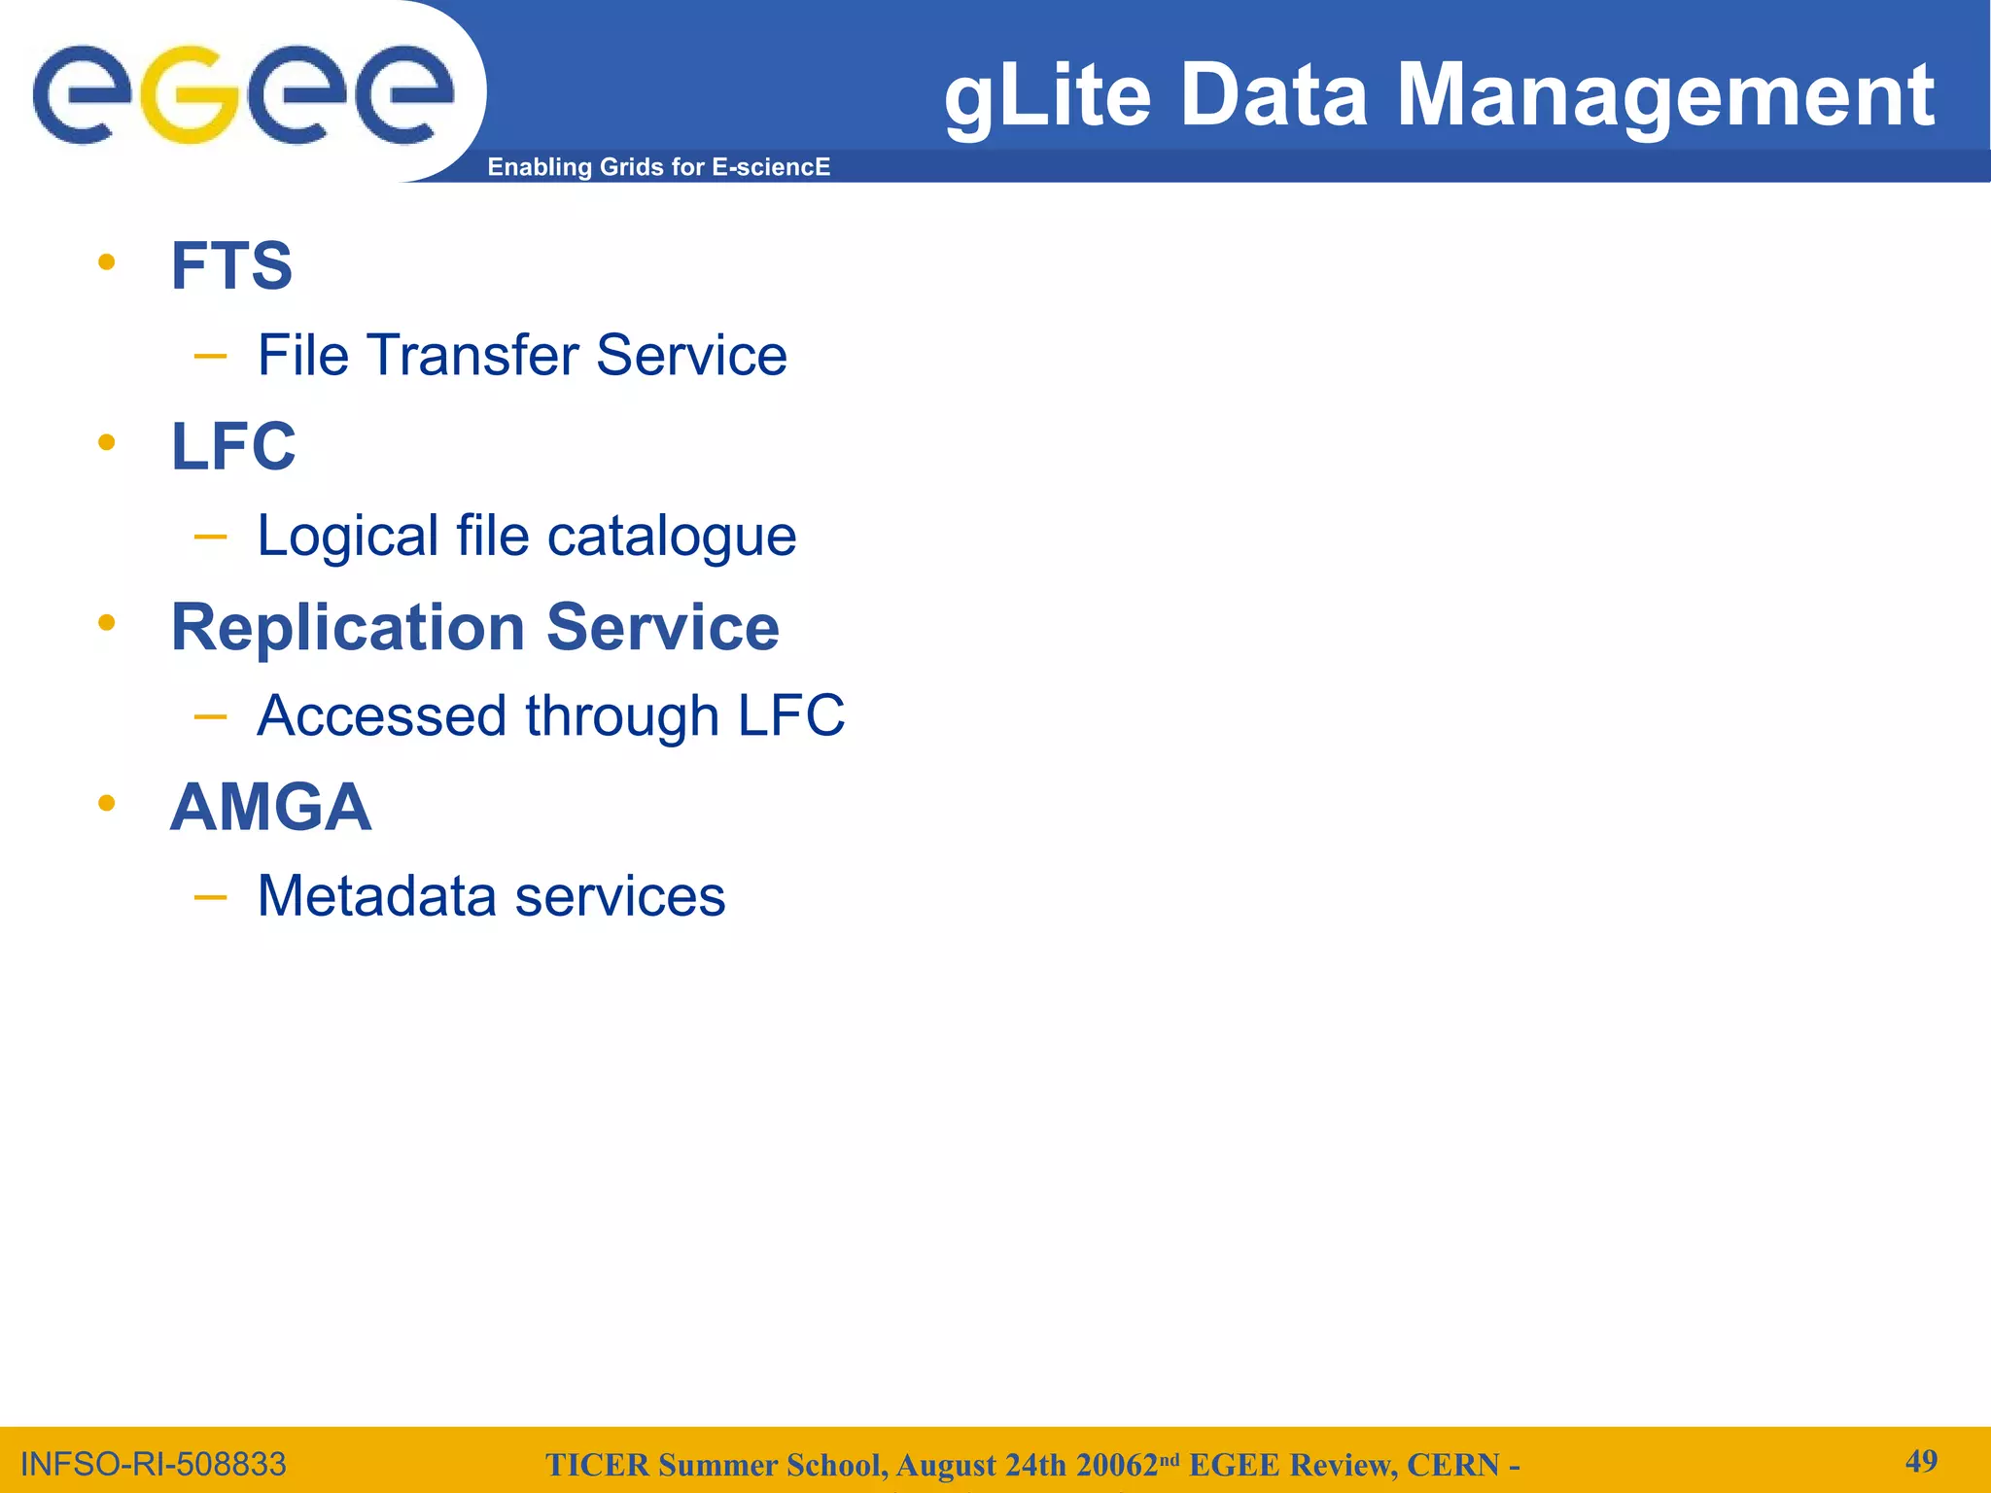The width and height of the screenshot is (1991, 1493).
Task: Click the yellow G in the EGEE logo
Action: tap(191, 95)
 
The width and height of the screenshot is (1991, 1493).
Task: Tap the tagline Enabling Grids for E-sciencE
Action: tap(658, 167)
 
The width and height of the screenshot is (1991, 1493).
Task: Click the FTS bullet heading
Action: tap(231, 265)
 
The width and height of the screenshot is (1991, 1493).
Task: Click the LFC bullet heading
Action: tap(233, 446)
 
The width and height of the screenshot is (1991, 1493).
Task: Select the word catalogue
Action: tap(672, 536)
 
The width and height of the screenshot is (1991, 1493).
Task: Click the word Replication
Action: tap(348, 627)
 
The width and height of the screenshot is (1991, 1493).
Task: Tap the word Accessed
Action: tap(381, 716)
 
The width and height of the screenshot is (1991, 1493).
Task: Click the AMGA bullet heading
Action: tap(270, 807)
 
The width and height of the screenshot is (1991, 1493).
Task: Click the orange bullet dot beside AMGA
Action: tap(107, 803)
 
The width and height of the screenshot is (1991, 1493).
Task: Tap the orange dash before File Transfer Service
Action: tap(210, 357)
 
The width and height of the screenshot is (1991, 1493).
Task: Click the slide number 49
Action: tap(1921, 1461)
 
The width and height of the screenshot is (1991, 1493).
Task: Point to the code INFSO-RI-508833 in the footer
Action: tap(154, 1464)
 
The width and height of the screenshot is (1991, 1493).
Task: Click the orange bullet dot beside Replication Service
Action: tap(107, 623)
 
